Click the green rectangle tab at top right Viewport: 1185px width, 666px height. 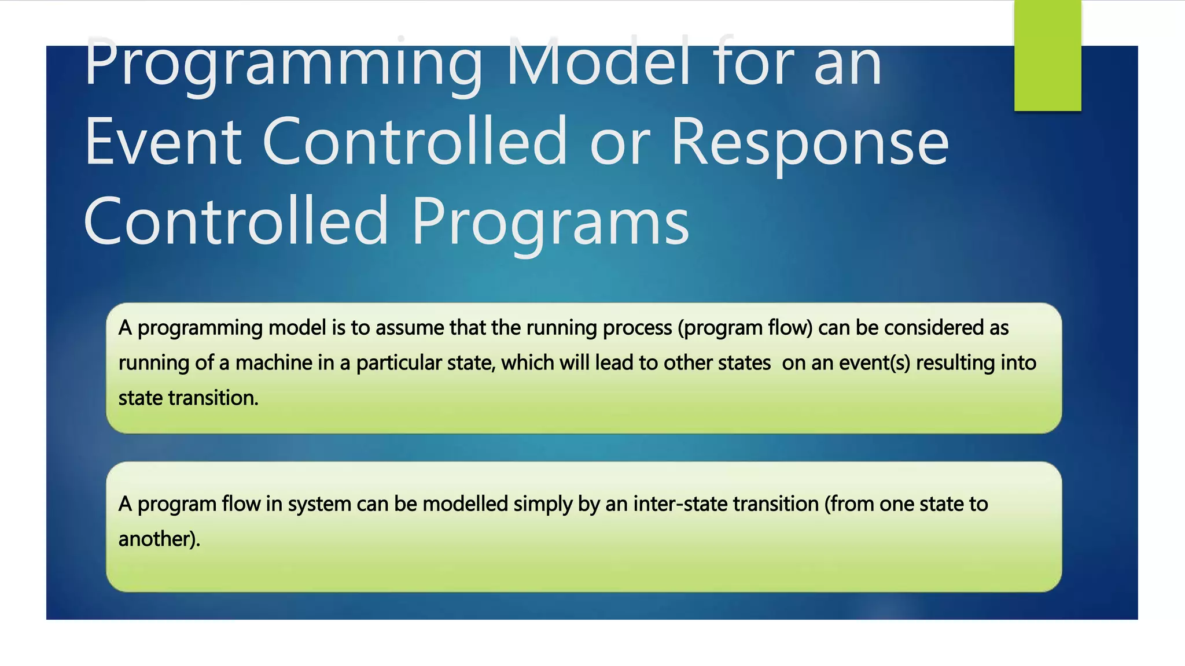[x=1047, y=55]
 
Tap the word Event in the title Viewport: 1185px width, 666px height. [x=163, y=142]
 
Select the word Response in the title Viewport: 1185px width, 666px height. [x=810, y=142]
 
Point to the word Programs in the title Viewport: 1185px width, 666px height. [x=550, y=222]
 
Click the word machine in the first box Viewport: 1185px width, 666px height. [x=274, y=363]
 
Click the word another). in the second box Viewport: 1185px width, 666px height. [x=159, y=539]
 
